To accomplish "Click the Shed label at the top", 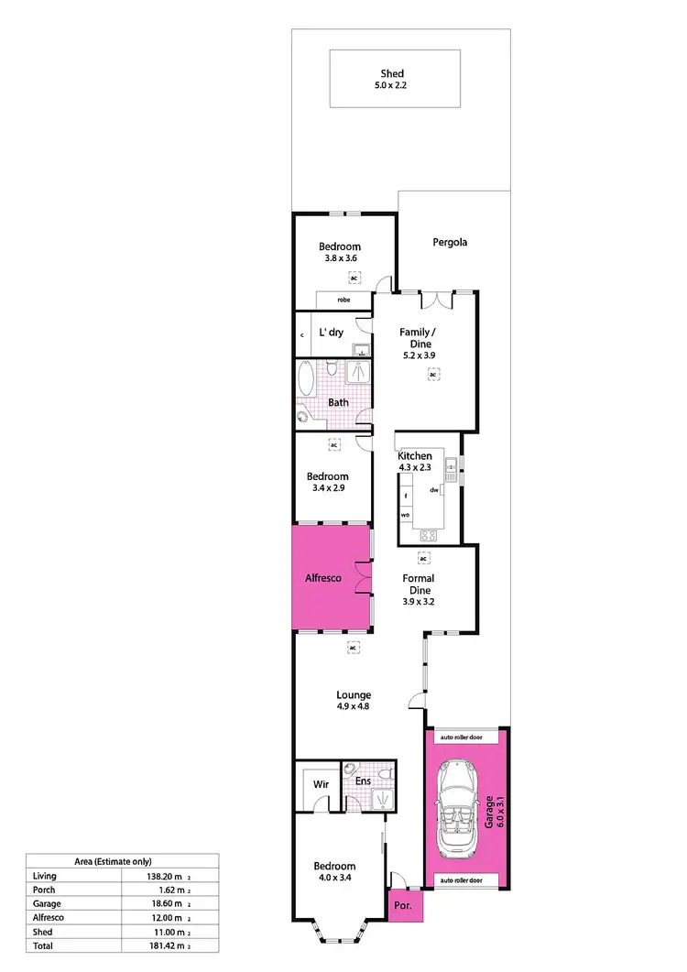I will (x=392, y=73).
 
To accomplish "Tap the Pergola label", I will (x=450, y=243).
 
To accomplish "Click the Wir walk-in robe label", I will (x=321, y=785).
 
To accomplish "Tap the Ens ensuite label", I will (x=363, y=781).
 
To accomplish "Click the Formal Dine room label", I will (x=418, y=584).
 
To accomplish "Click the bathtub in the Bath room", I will (x=306, y=378).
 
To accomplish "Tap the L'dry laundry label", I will (x=331, y=333).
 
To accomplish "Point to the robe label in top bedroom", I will (x=343, y=300).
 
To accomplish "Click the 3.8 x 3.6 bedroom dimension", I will (x=339, y=259).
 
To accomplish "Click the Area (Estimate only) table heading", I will (x=114, y=861).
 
